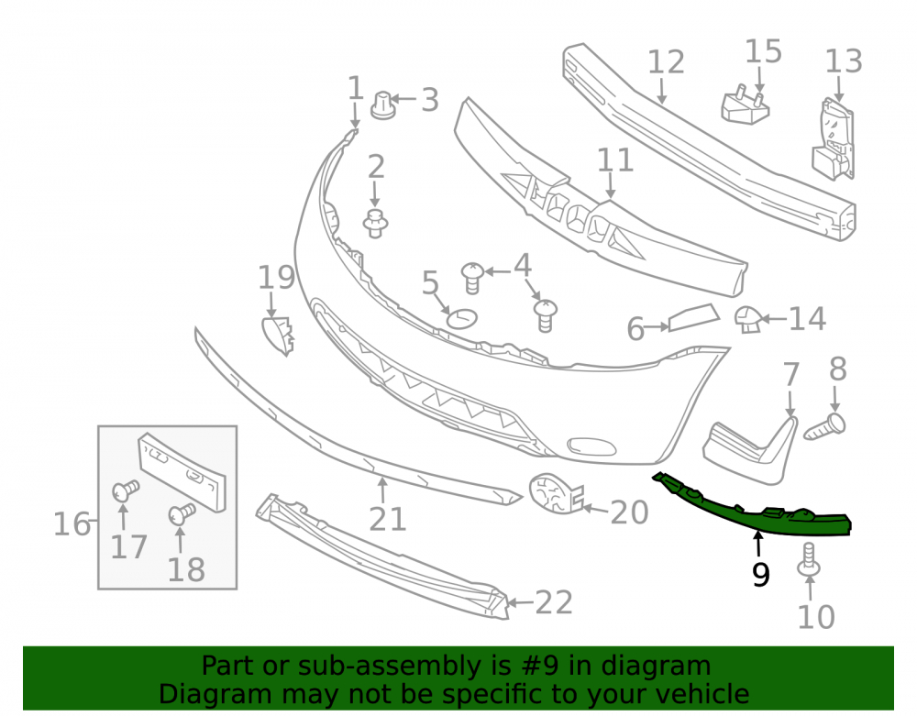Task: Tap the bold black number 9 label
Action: [760, 575]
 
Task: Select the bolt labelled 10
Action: [809, 560]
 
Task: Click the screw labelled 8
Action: [825, 427]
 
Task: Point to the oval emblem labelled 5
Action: [462, 318]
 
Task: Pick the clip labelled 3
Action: [383, 105]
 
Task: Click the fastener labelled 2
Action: [375, 224]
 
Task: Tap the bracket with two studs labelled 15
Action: [745, 105]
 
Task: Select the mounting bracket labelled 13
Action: [834, 140]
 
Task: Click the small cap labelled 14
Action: [748, 319]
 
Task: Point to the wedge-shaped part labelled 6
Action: [693, 317]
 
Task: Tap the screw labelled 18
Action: [182, 513]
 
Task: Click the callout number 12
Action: [666, 62]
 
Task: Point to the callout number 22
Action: [554, 602]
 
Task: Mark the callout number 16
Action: [72, 523]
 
